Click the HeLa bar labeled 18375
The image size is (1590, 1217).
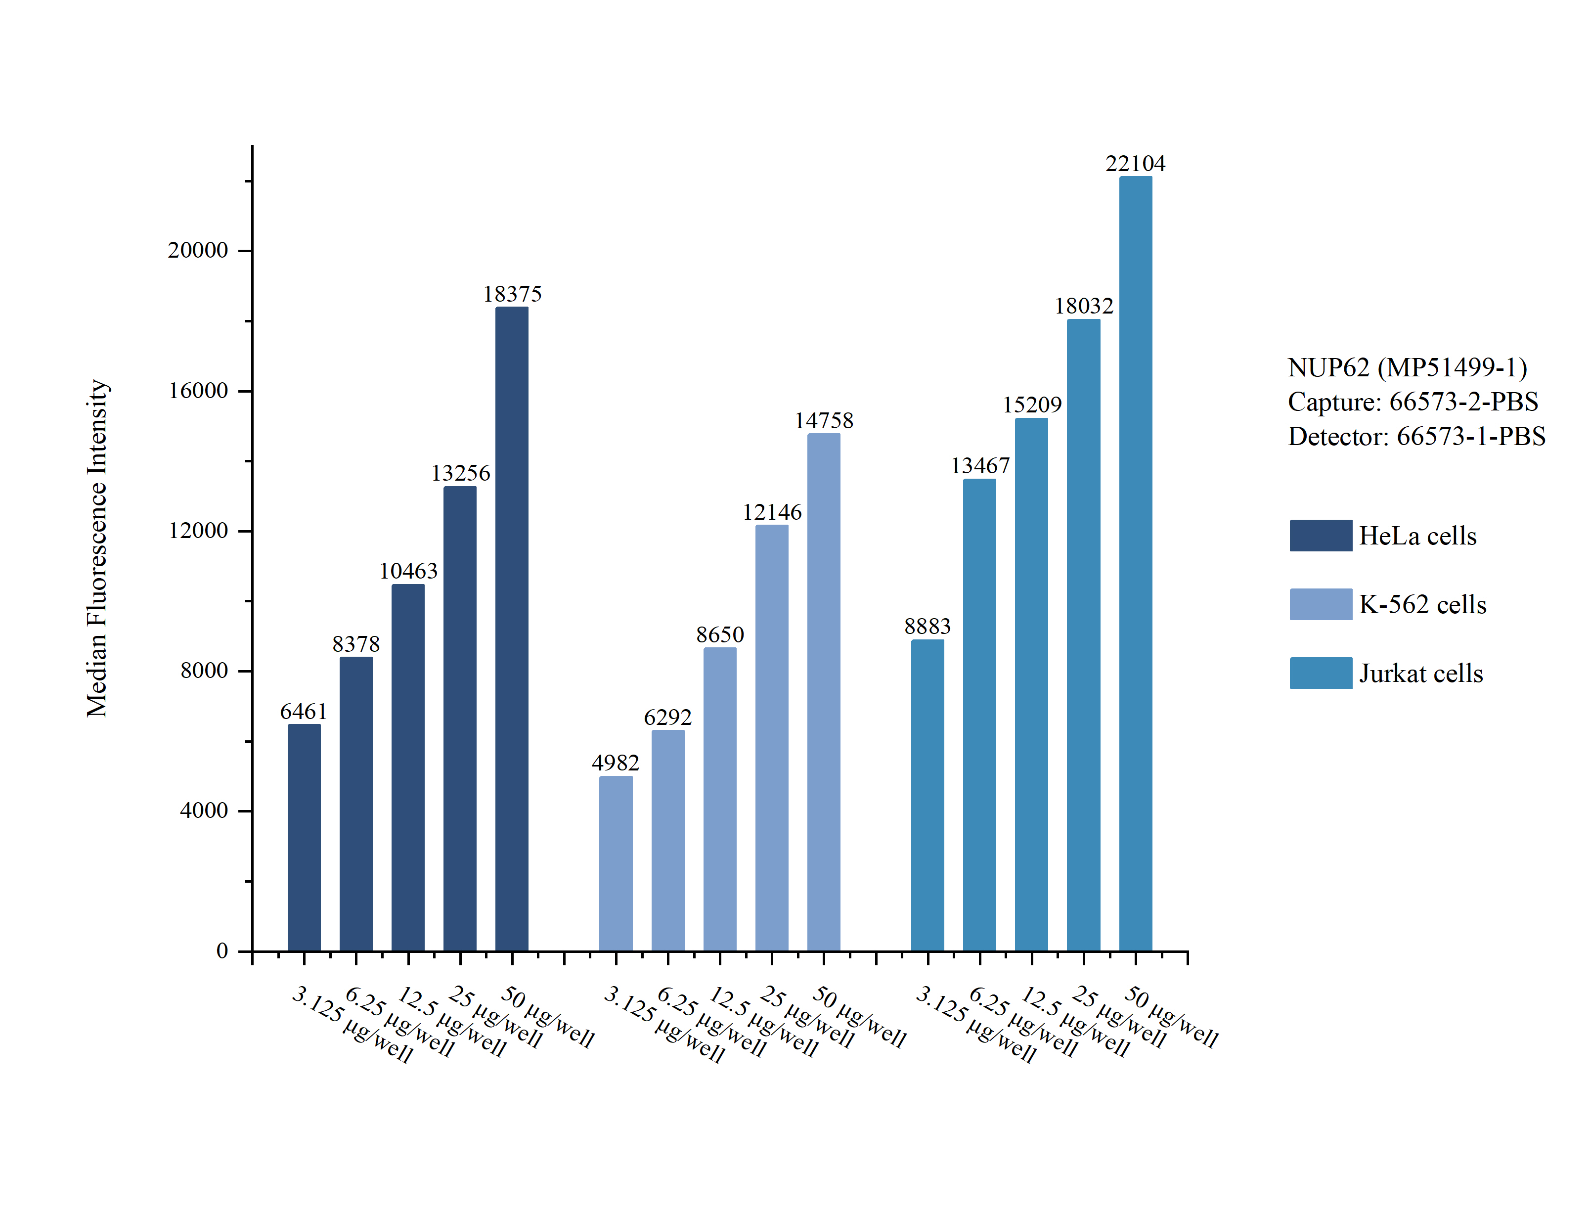[x=511, y=629]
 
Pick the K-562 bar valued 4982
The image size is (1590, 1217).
[x=616, y=863]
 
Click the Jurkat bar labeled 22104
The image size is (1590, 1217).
[x=1135, y=564]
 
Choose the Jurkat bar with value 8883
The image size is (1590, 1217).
[x=927, y=795]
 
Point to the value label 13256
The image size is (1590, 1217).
[x=460, y=473]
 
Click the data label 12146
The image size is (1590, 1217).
[x=772, y=512]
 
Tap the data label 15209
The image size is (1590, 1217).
[x=1032, y=404]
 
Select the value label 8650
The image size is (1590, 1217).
[x=720, y=634]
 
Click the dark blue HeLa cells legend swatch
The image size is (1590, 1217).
[x=1320, y=536]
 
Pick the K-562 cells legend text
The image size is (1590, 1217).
[x=1422, y=604]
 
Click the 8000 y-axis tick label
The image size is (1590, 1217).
[x=204, y=670]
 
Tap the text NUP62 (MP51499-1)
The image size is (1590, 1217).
[x=1407, y=367]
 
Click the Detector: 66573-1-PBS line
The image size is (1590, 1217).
[x=1416, y=436]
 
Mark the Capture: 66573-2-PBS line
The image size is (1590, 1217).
[x=1413, y=402]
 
